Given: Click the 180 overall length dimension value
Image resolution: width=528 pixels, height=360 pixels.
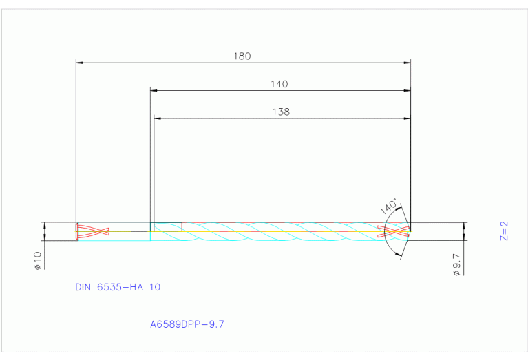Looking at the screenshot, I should [x=242, y=56].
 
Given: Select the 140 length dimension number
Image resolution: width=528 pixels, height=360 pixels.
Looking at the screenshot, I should [x=279, y=84].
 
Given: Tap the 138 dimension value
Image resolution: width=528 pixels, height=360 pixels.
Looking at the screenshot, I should [x=281, y=112].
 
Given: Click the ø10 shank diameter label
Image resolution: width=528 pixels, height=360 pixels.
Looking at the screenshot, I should [x=38, y=260].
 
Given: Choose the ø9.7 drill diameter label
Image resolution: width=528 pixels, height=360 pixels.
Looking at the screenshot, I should [x=456, y=264].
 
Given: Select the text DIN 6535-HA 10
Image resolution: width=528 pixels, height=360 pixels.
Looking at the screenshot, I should [x=118, y=287].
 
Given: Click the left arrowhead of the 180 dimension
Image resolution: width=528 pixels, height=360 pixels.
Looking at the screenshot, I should [x=79, y=63].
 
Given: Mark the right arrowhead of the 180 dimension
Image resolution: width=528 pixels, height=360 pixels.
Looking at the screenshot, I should [x=407, y=63].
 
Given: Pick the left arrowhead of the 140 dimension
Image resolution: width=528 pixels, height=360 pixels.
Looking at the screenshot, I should [x=154, y=90].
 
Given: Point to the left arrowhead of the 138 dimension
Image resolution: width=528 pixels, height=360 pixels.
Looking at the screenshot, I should [x=157, y=118].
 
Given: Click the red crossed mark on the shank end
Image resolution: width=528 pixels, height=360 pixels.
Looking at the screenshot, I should [x=93, y=231].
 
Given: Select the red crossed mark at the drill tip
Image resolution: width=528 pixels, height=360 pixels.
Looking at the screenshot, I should [x=397, y=231].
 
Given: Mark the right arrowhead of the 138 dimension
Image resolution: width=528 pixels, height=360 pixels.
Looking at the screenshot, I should [x=407, y=118].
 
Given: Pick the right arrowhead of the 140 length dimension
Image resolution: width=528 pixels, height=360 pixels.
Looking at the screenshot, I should [x=407, y=90].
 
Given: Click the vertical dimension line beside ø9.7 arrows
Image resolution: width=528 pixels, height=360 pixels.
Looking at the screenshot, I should [x=465, y=231].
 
